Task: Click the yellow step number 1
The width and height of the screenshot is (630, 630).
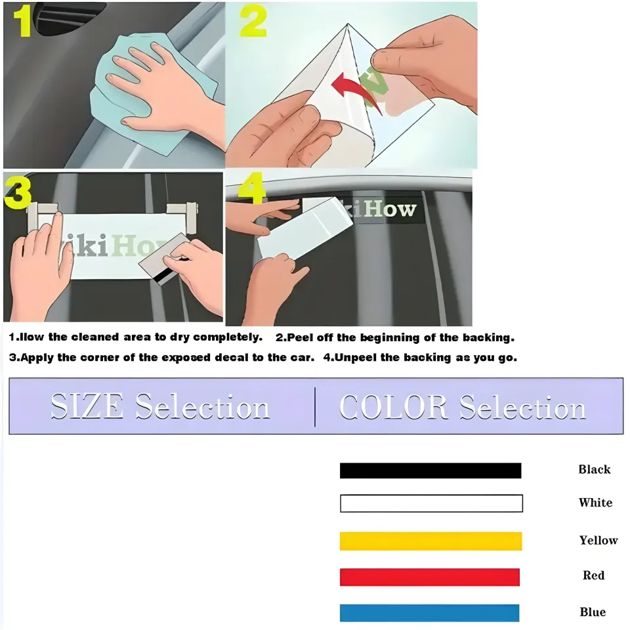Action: [x=22, y=21]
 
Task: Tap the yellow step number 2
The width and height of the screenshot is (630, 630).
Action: [x=252, y=22]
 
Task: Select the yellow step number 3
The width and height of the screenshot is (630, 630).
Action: [x=18, y=192]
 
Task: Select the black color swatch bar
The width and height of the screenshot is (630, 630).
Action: [x=430, y=471]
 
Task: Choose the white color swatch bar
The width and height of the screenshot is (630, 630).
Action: [x=431, y=503]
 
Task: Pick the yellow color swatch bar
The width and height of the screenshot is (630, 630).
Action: [x=430, y=541]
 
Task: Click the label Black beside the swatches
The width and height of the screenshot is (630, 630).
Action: [x=595, y=469]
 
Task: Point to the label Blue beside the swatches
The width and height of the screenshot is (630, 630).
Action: [x=593, y=612]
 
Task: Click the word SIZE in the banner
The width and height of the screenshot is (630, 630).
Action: [x=87, y=407]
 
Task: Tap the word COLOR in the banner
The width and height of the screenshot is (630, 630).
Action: [x=394, y=407]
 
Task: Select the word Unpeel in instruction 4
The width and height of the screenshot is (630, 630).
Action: [x=357, y=358]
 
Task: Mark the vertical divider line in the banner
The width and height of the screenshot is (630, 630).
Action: [x=315, y=407]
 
